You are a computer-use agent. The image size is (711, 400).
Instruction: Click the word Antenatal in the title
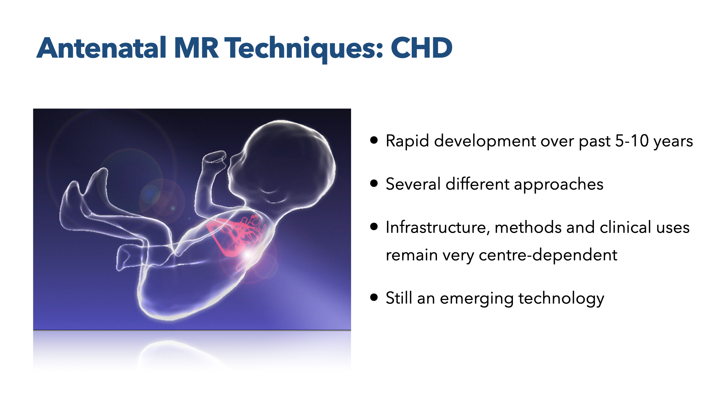click(101, 48)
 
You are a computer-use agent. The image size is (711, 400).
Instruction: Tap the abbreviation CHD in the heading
click(421, 48)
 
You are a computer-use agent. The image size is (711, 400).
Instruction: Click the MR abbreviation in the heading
click(196, 48)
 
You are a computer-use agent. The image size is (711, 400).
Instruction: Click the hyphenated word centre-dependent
click(548, 255)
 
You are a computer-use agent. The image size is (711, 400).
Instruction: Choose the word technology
click(561, 299)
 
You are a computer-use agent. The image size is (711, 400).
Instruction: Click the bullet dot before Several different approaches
click(374, 183)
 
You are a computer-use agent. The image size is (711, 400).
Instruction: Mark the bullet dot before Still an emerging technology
click(374, 297)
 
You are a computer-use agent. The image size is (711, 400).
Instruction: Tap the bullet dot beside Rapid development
click(374, 140)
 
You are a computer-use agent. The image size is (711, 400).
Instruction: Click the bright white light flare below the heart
click(249, 255)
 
